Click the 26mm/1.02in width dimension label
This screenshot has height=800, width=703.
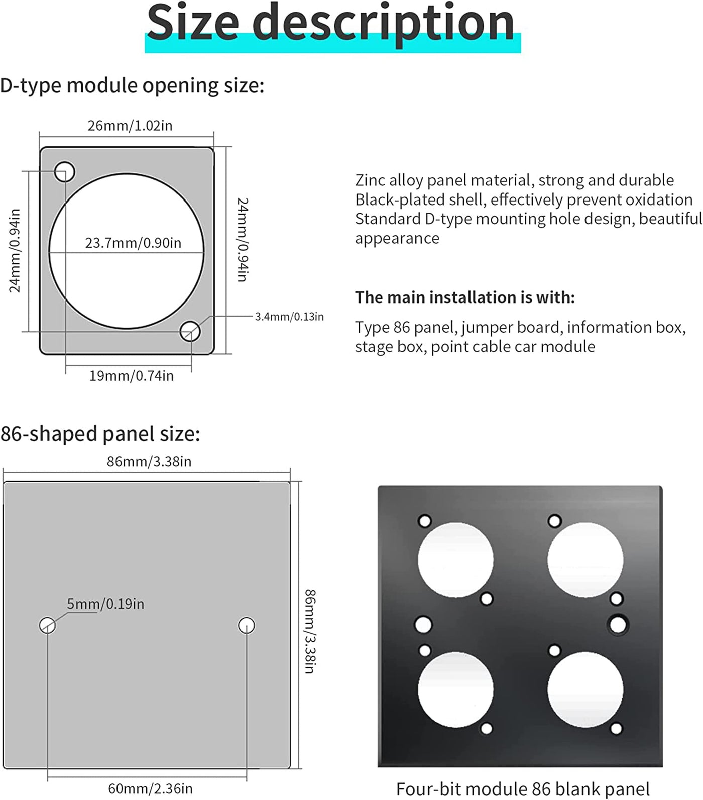(x=130, y=126)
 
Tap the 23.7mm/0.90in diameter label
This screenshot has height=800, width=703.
(x=133, y=243)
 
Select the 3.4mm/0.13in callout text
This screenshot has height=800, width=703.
(x=289, y=317)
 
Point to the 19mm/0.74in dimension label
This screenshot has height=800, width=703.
(x=132, y=376)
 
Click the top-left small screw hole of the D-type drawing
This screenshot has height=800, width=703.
(x=65, y=172)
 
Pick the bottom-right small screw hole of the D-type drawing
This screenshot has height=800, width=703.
(x=190, y=331)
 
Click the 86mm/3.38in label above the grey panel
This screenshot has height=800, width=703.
(x=149, y=461)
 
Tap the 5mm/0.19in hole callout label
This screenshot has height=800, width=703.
(x=105, y=604)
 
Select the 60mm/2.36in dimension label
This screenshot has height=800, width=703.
(x=150, y=788)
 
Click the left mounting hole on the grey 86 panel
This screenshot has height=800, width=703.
(x=47, y=625)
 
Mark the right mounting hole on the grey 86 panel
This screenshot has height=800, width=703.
(x=246, y=625)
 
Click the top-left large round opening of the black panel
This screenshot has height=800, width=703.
(x=455, y=560)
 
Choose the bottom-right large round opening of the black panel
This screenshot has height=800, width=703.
(x=585, y=690)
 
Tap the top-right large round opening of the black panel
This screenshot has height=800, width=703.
(x=585, y=560)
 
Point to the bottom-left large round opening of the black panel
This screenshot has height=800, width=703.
(x=455, y=690)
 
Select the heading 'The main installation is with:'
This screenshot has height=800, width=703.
(x=464, y=297)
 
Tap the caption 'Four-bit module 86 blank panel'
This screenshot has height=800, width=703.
(x=522, y=789)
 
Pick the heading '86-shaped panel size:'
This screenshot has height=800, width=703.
(x=100, y=434)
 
